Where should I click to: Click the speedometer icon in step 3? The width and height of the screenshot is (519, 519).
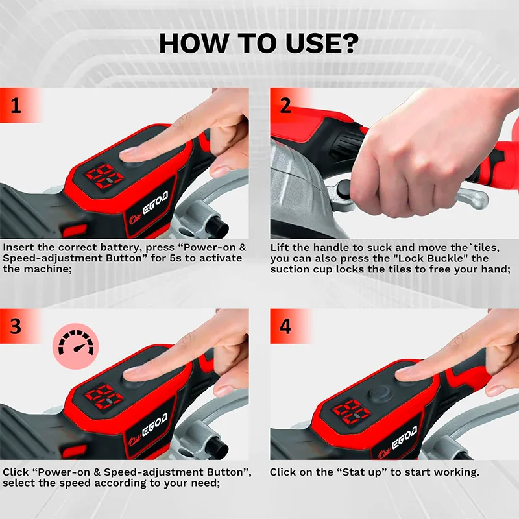pos(76,346)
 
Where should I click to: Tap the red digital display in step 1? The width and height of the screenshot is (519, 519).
pos(104,176)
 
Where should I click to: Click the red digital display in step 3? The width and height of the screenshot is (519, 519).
pos(104,396)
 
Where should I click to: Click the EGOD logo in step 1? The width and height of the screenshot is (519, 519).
pos(154,203)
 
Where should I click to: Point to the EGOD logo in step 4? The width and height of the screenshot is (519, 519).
pos(404,437)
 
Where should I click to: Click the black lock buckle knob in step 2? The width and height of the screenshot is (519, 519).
pos(343,189)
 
